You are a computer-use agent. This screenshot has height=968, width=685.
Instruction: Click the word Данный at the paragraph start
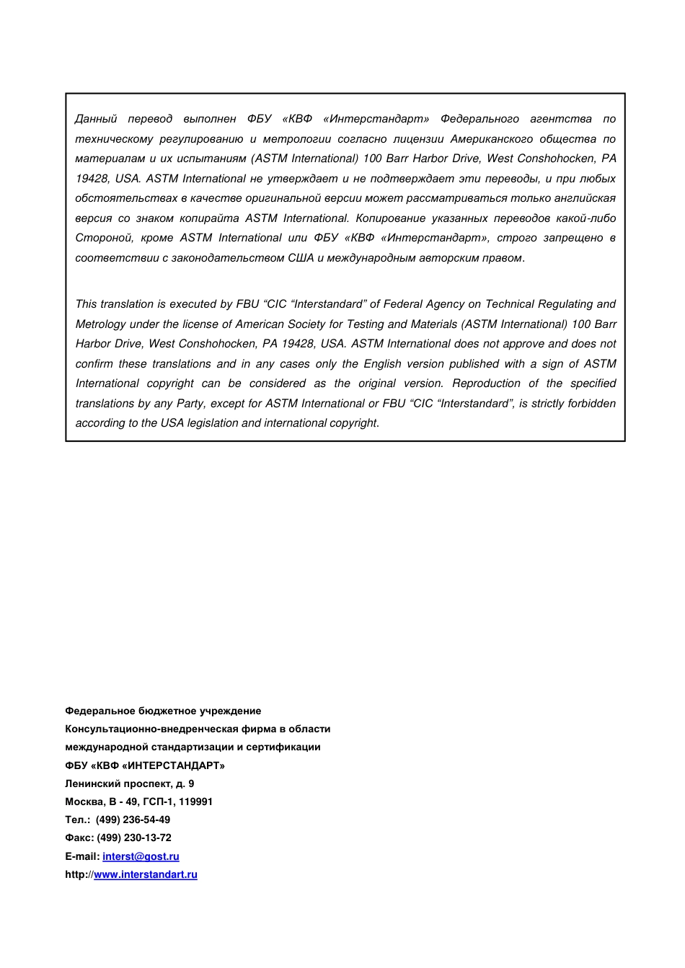point(96,119)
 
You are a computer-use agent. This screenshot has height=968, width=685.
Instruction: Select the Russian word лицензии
point(418,139)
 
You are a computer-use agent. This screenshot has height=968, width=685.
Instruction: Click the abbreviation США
point(301,258)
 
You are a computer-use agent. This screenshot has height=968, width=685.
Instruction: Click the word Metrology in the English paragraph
point(100,324)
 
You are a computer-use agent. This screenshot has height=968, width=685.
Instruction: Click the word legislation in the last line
point(213,423)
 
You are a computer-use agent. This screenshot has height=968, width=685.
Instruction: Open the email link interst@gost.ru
point(141,856)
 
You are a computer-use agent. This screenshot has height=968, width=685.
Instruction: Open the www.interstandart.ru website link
point(146,874)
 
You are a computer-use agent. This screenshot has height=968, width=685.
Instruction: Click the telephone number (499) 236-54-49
point(133,820)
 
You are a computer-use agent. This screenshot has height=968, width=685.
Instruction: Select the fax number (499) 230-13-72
point(134,838)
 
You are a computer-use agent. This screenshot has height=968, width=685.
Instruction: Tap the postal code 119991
point(195,802)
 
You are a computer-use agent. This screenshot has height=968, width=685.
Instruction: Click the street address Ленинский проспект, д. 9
point(130,783)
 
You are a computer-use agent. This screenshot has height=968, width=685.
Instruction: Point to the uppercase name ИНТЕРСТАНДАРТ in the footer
point(173,765)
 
